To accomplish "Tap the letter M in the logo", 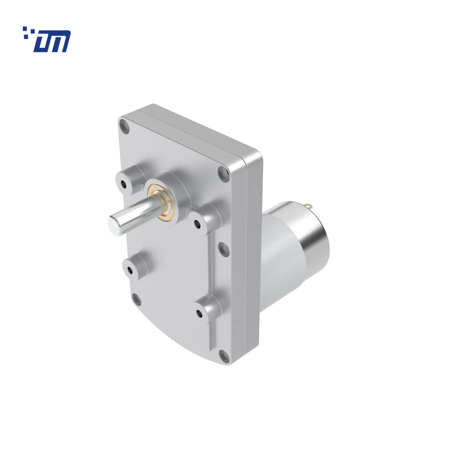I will [x=59, y=42].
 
